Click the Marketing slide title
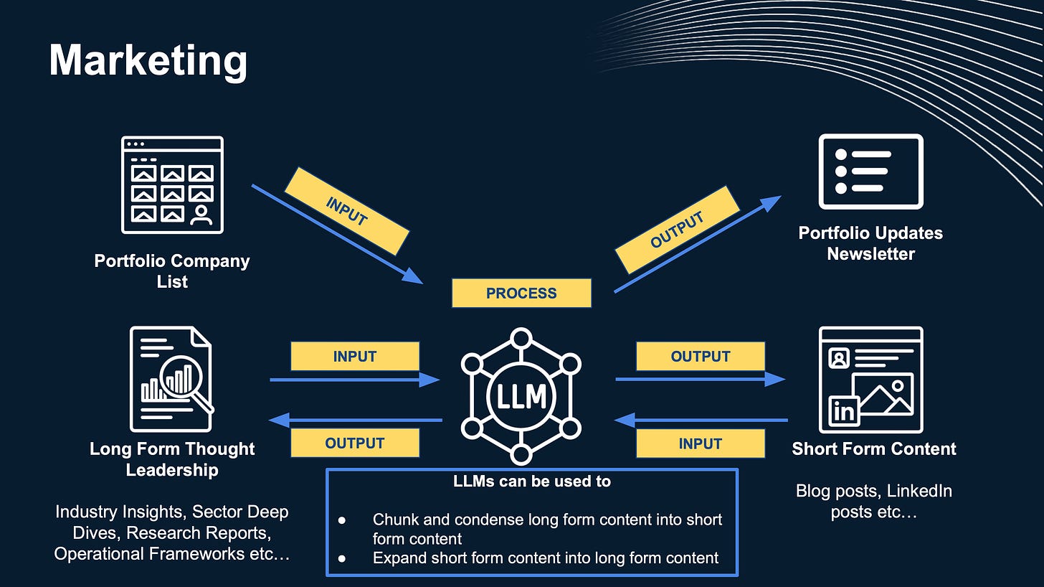[x=148, y=60]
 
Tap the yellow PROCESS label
[x=521, y=293]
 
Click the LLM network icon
[x=521, y=396]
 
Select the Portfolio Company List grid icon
[x=172, y=185]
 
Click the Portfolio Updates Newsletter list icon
[x=870, y=172]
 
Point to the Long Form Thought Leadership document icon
[x=171, y=378]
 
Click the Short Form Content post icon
[x=870, y=379]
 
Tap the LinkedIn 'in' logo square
[x=844, y=411]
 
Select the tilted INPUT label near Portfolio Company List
[x=347, y=211]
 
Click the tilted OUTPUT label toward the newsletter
[x=676, y=230]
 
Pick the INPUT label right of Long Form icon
[x=354, y=356]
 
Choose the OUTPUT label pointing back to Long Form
[x=354, y=443]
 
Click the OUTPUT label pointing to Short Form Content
[x=700, y=356]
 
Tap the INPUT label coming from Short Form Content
[x=700, y=443]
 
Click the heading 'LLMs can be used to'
[x=532, y=482]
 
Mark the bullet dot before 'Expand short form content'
[x=341, y=558]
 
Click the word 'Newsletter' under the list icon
[x=870, y=254]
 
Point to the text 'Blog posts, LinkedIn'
[x=873, y=492]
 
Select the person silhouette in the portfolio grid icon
[x=201, y=214]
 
